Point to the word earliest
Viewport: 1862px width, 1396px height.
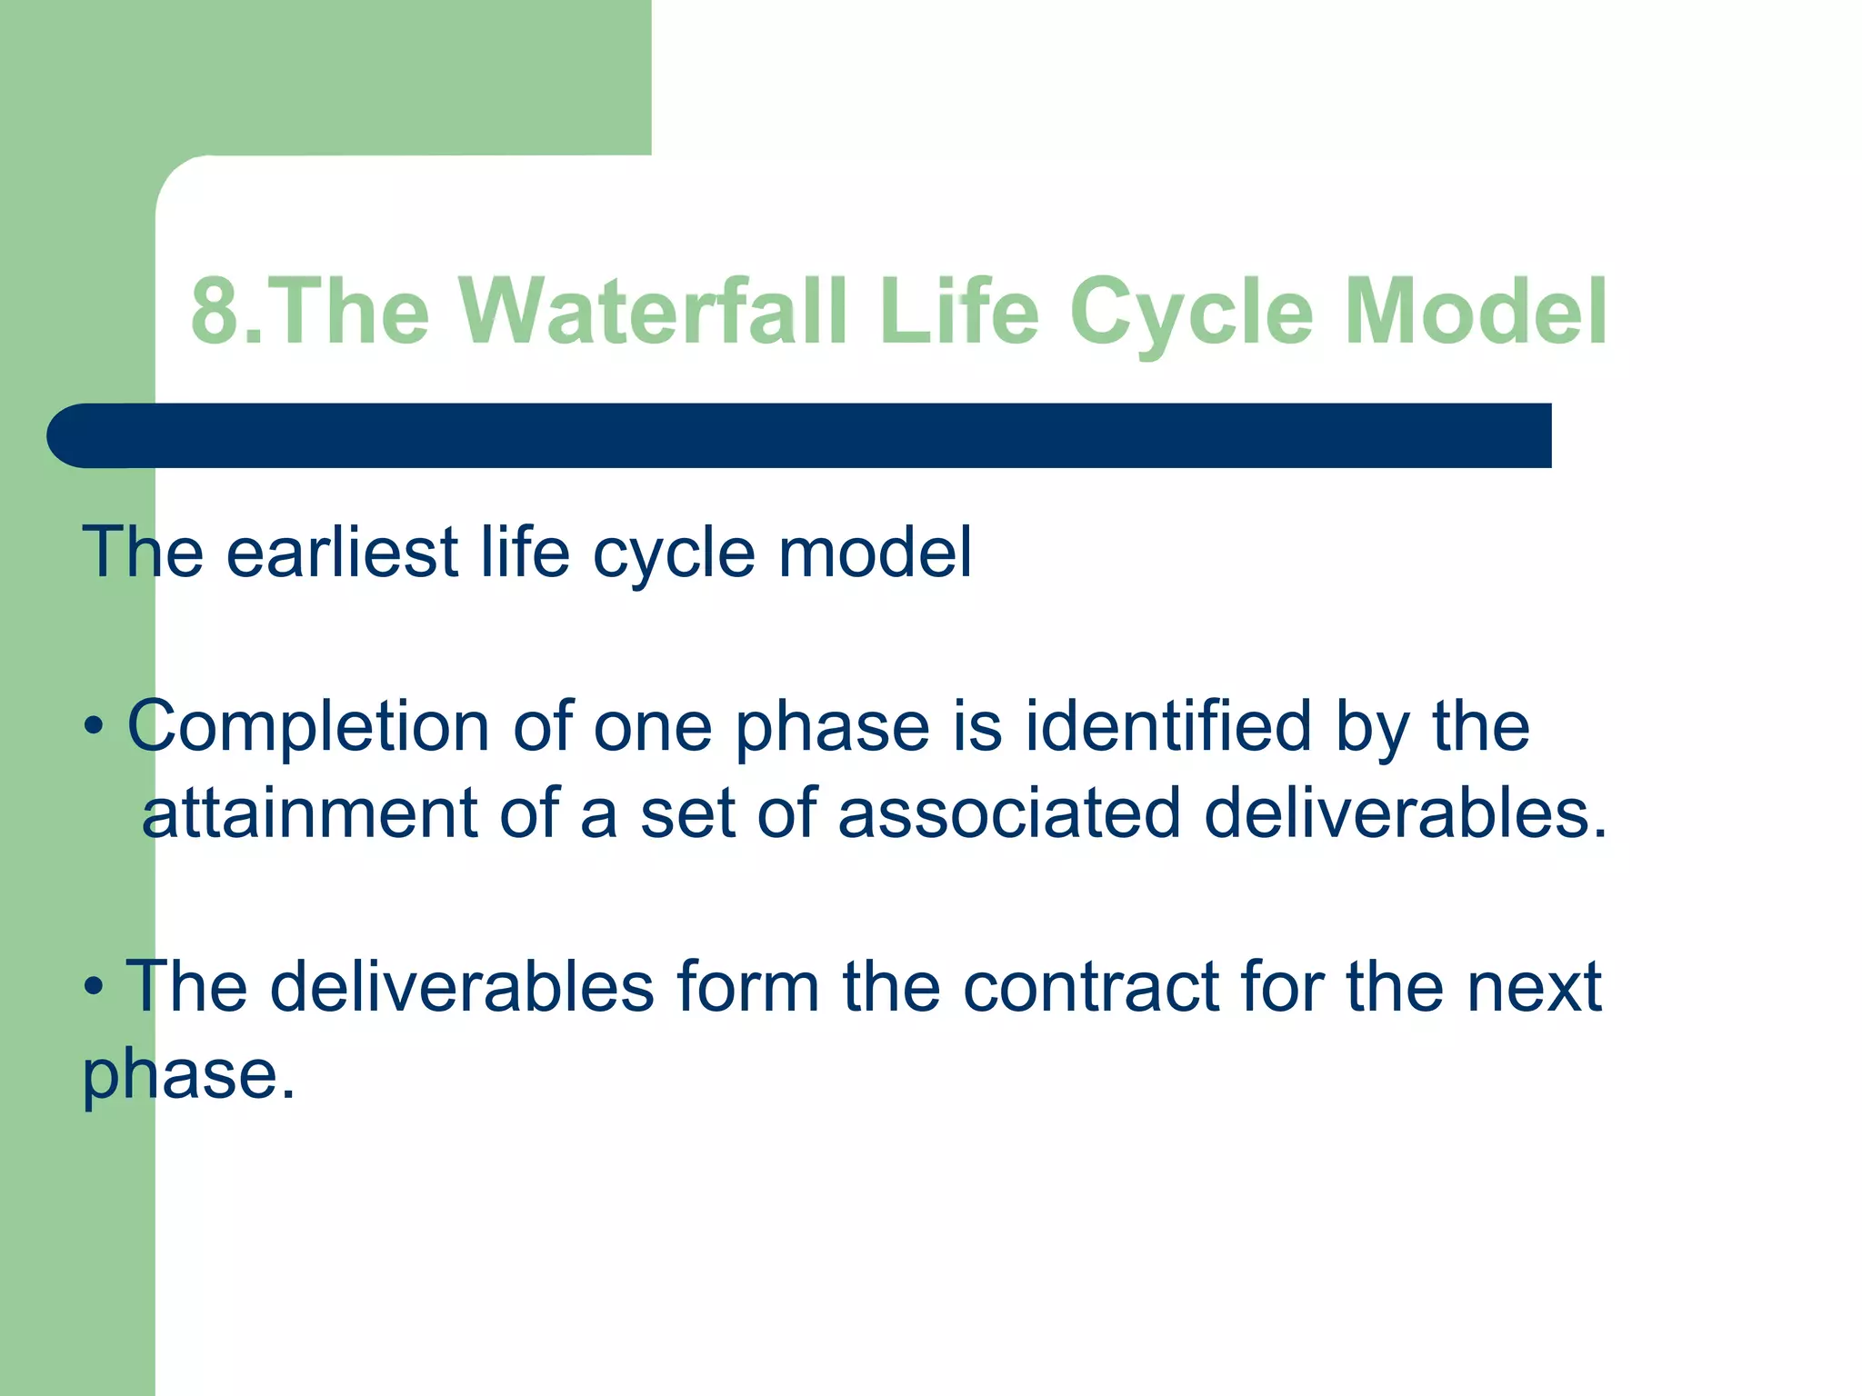[x=342, y=552]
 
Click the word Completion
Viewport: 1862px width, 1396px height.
[x=308, y=727]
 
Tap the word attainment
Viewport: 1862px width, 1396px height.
[x=309, y=813]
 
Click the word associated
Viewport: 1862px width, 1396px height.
[x=1009, y=813]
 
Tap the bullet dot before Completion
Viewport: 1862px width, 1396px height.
[x=94, y=728]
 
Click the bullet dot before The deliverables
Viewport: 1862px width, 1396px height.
[x=94, y=988]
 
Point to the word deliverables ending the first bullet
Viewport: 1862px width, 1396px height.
[x=1405, y=813]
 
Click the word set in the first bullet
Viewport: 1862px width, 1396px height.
[x=687, y=813]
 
